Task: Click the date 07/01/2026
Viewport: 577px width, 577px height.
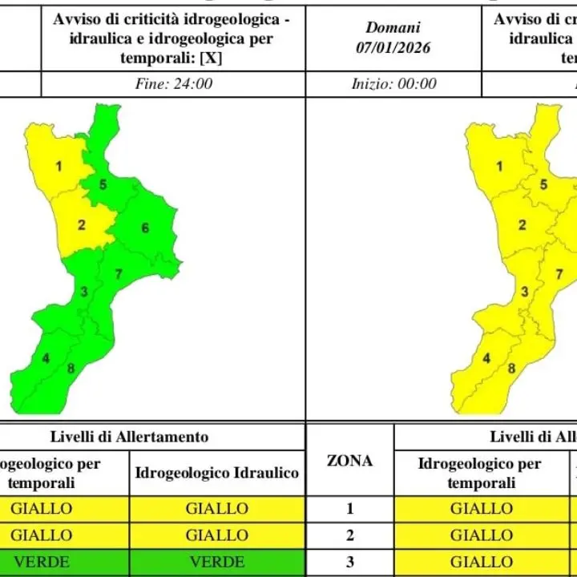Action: [393, 48]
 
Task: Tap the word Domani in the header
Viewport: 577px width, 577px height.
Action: [393, 28]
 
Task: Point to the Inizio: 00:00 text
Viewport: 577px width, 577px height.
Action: [393, 83]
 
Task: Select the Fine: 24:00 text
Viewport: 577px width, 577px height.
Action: [172, 83]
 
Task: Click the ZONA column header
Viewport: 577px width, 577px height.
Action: [350, 461]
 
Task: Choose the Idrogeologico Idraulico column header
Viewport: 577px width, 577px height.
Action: [216, 473]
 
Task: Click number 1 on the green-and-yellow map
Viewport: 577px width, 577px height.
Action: [59, 167]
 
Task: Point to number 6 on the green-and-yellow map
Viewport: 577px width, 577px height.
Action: [145, 228]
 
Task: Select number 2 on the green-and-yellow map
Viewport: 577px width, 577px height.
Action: [82, 225]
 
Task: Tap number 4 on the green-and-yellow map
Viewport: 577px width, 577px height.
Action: [46, 358]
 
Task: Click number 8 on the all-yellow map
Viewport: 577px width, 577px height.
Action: [511, 369]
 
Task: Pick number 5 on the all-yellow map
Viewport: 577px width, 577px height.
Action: [543, 185]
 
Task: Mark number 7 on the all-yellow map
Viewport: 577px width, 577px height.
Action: [559, 275]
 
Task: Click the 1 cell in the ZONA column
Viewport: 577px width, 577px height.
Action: [350, 509]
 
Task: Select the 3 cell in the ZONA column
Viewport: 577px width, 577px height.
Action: [350, 563]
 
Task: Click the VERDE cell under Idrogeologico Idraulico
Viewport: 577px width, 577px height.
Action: [216, 563]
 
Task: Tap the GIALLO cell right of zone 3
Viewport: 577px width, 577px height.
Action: [481, 563]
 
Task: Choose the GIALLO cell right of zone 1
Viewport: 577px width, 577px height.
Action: [481, 509]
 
